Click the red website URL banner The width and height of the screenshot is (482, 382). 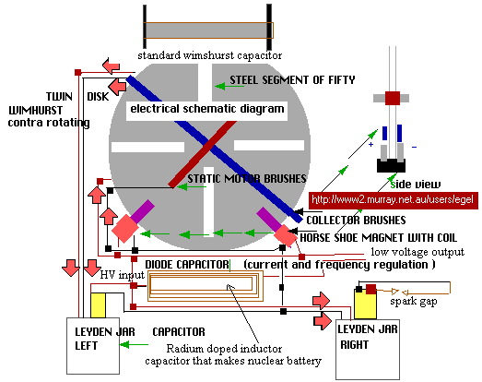pyautogui.click(x=394, y=200)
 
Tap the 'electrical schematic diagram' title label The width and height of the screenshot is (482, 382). pyautogui.click(x=206, y=109)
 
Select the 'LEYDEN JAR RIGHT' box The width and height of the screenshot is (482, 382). pyautogui.click(x=368, y=350)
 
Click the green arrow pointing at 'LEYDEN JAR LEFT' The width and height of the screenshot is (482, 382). pyautogui.click(x=134, y=344)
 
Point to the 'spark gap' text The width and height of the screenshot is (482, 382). pyautogui.click(x=414, y=302)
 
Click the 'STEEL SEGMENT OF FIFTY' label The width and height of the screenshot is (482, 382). pyautogui.click(x=292, y=80)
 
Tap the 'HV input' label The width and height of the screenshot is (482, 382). pyautogui.click(x=122, y=275)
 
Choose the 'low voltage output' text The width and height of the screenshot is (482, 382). pyautogui.click(x=417, y=252)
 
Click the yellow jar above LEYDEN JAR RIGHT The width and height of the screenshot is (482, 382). pyautogui.click(x=365, y=304)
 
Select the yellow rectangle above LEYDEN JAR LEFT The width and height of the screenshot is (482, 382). pyautogui.click(x=98, y=305)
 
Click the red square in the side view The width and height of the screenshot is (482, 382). pyautogui.click(x=393, y=98)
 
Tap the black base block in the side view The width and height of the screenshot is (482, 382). pyautogui.click(x=391, y=165)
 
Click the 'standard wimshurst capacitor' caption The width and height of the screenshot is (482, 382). pyautogui.click(x=209, y=55)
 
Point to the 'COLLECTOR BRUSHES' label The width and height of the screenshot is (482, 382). pyautogui.click(x=356, y=221)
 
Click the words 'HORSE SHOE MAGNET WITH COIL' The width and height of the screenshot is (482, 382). pyautogui.click(x=379, y=238)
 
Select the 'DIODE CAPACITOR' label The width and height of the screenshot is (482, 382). pyautogui.click(x=187, y=265)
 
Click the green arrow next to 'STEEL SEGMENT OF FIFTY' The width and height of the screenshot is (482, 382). pyautogui.click(x=229, y=86)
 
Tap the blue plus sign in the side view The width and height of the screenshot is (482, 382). pyautogui.click(x=371, y=144)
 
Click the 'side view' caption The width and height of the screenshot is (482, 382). pyautogui.click(x=416, y=185)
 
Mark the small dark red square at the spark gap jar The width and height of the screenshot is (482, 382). pyautogui.click(x=370, y=290)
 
